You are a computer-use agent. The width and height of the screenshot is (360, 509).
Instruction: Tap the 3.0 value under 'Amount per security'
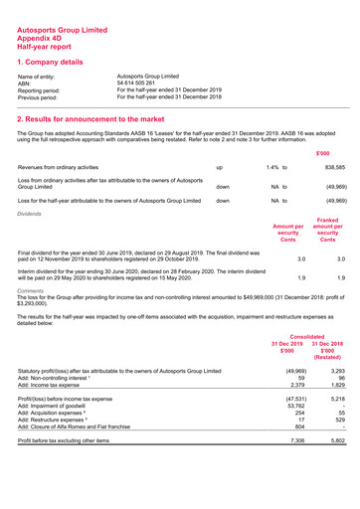[x=286, y=258]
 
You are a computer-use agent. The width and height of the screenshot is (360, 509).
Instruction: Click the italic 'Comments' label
[x=33, y=294]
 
